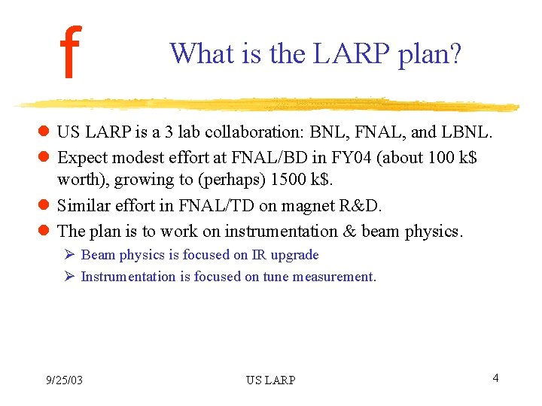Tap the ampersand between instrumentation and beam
tap(349, 231)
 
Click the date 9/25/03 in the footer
tap(63, 380)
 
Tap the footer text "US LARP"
tap(270, 380)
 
